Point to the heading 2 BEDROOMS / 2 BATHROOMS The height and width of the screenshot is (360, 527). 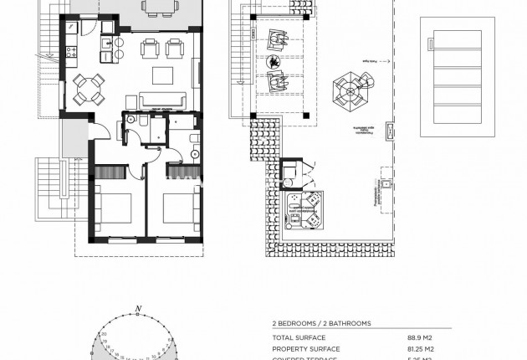(x=321, y=322)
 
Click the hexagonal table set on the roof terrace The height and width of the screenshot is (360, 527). (x=350, y=88)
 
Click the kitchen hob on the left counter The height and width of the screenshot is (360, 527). (x=70, y=50)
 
